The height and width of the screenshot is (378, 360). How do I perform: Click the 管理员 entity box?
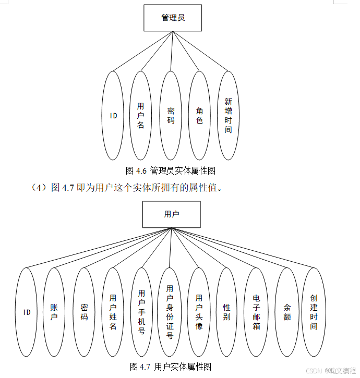[173, 18]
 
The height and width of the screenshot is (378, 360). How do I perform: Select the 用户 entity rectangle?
[171, 214]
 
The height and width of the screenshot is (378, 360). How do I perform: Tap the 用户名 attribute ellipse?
[140, 115]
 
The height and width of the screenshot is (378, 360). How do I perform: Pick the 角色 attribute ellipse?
[199, 115]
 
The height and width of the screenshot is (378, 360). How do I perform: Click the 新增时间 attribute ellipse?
[228, 115]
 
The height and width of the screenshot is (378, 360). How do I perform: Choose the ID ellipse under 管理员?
[113, 115]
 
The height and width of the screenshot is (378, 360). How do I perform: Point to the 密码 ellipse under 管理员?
[171, 115]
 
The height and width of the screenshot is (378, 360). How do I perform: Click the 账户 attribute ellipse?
[54, 312]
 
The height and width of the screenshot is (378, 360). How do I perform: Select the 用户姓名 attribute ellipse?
[113, 312]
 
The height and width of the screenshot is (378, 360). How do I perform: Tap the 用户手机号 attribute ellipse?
[141, 312]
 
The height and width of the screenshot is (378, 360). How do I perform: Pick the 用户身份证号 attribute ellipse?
[170, 312]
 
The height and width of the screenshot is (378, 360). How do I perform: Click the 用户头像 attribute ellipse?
[199, 312]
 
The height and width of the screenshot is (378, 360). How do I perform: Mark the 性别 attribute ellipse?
[226, 312]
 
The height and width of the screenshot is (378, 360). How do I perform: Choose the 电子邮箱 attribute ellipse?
[256, 312]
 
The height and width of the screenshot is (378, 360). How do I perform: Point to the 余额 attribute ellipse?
[286, 312]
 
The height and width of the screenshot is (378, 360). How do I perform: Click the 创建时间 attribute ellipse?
[313, 312]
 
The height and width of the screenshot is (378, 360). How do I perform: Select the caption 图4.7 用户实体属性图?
[171, 367]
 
